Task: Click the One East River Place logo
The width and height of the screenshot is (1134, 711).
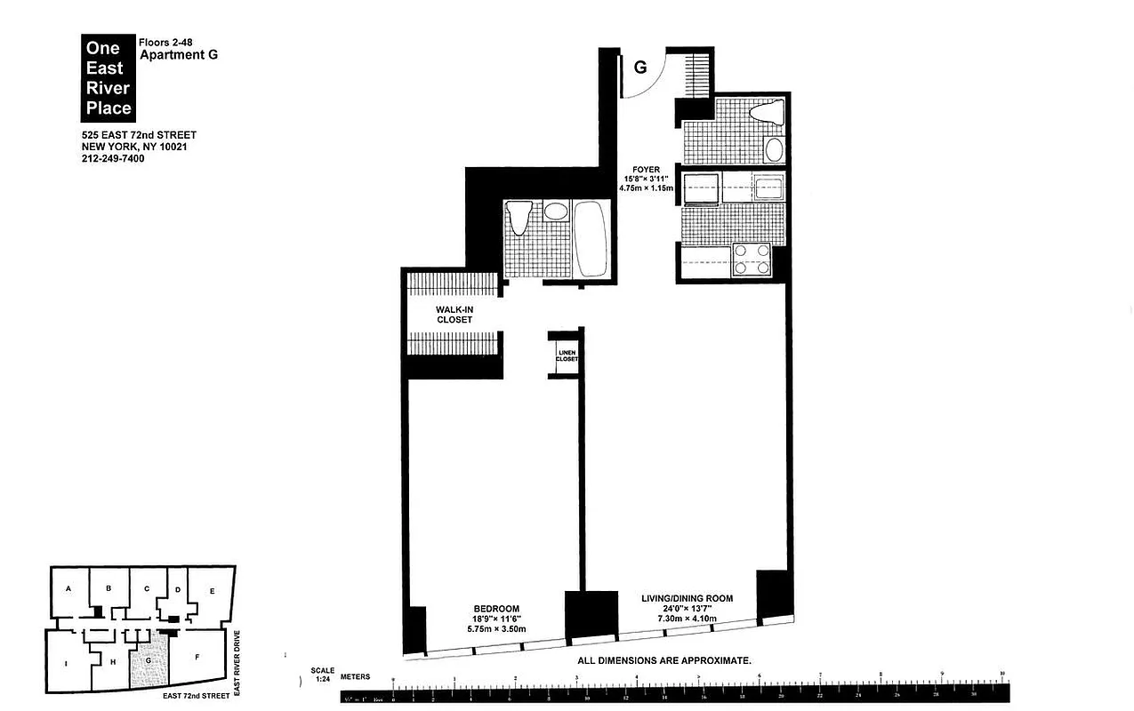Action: (x=108, y=77)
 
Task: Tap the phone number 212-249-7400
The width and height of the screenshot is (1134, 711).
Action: (x=112, y=158)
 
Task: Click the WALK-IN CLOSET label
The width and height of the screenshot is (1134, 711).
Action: (x=454, y=314)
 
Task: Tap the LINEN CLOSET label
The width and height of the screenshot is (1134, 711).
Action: (x=567, y=355)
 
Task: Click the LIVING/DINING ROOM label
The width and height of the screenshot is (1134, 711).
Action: (x=687, y=598)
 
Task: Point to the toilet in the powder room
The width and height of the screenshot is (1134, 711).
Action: (x=766, y=114)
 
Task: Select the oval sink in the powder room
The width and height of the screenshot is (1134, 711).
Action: (x=774, y=148)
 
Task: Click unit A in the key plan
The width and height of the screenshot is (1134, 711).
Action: (x=68, y=589)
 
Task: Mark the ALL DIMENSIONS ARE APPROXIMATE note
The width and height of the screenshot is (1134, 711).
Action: (x=664, y=660)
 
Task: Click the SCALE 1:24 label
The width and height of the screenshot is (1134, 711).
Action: (x=322, y=675)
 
